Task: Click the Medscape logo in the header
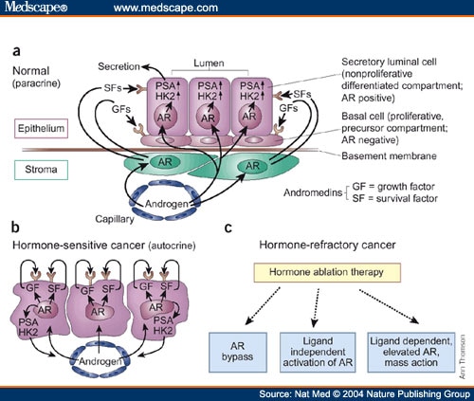click(x=35, y=9)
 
